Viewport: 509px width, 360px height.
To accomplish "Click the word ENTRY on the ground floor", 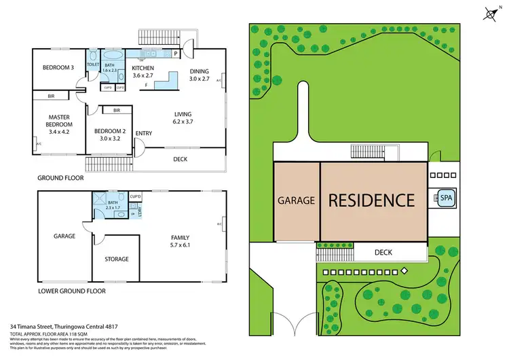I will [144, 133].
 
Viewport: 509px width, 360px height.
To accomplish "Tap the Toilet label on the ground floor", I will [94, 65].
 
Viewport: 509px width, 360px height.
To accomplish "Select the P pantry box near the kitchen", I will [175, 53].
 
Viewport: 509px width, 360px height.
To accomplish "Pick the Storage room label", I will [117, 259].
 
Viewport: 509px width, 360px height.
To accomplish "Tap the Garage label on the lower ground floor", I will [64, 237].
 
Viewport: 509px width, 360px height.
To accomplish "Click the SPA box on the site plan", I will [446, 198].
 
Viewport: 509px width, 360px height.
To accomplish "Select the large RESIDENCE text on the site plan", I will [371, 200].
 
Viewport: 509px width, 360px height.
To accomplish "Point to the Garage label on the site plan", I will [296, 201].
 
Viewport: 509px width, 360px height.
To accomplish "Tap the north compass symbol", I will [491, 14].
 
